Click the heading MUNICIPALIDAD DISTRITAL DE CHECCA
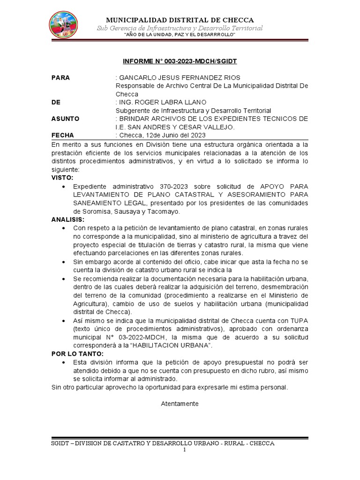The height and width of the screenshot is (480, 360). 180,20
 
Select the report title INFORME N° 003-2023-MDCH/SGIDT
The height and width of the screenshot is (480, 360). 180,61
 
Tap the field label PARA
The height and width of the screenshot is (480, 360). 60,78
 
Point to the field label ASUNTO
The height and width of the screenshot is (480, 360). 65,119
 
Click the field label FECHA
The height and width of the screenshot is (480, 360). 62,135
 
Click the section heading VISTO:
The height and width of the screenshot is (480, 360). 62,178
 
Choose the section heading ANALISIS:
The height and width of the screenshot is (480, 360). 68,219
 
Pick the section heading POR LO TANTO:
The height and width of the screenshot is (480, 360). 77,354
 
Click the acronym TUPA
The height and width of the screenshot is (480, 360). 297,321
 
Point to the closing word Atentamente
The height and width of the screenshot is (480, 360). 180,404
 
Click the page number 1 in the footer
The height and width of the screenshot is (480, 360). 185,450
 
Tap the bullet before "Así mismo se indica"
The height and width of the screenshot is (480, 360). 64,321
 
